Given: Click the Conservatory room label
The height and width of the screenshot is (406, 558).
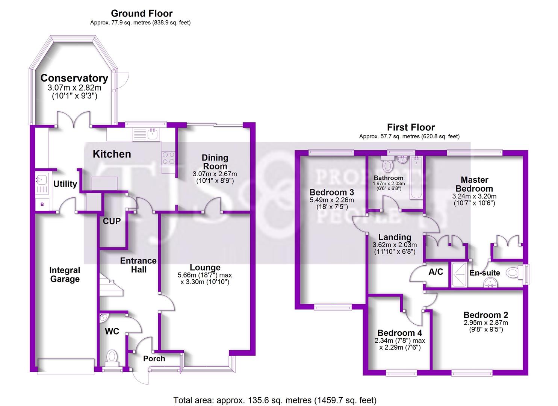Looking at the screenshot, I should (x=74, y=78).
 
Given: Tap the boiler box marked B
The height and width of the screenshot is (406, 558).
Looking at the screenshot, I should (x=42, y=204).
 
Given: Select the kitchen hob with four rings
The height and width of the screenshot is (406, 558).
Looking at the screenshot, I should (x=168, y=158).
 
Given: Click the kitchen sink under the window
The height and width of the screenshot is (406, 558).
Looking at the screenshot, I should (x=152, y=133).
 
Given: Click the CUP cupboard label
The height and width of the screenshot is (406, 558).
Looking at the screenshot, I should (x=112, y=221).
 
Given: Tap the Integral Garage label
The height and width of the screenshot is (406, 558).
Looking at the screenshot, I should (x=65, y=274).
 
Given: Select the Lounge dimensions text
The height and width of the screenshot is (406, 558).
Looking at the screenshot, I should (x=205, y=278).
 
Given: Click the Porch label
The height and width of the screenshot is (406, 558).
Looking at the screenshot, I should (x=154, y=359).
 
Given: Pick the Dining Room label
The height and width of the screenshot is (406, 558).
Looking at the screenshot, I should (x=215, y=162).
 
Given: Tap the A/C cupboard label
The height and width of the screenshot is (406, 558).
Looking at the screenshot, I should (x=436, y=272).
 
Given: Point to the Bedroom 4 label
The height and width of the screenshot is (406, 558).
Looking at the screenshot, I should (x=399, y=333).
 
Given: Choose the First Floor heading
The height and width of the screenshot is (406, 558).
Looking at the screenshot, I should (x=411, y=127).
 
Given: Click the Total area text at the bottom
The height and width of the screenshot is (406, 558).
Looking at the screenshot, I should (x=275, y=400).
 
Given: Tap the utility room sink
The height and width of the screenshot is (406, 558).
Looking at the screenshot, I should (x=41, y=179).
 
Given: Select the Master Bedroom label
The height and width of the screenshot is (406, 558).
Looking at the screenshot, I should (x=474, y=184).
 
